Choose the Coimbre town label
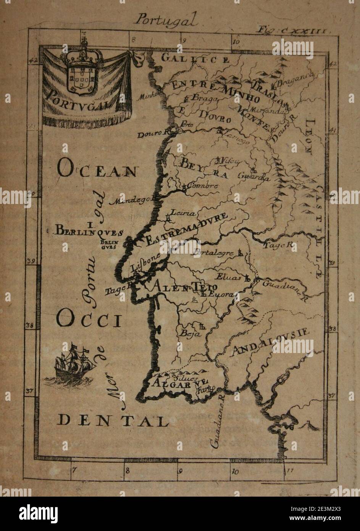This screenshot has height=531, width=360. click(204, 186)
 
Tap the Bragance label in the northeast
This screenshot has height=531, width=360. click(295, 79)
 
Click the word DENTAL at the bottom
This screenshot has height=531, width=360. click(113, 421)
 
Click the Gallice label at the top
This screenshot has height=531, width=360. click(195, 59)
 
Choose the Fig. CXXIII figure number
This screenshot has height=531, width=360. click(291, 30)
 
